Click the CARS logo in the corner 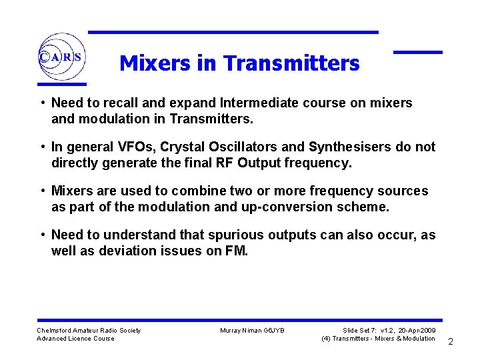60,57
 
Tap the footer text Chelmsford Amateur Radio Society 89,330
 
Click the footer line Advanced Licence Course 75,339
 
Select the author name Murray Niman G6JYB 252,330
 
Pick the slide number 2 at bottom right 451,342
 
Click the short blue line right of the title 417,52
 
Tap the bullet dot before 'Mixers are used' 42,191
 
